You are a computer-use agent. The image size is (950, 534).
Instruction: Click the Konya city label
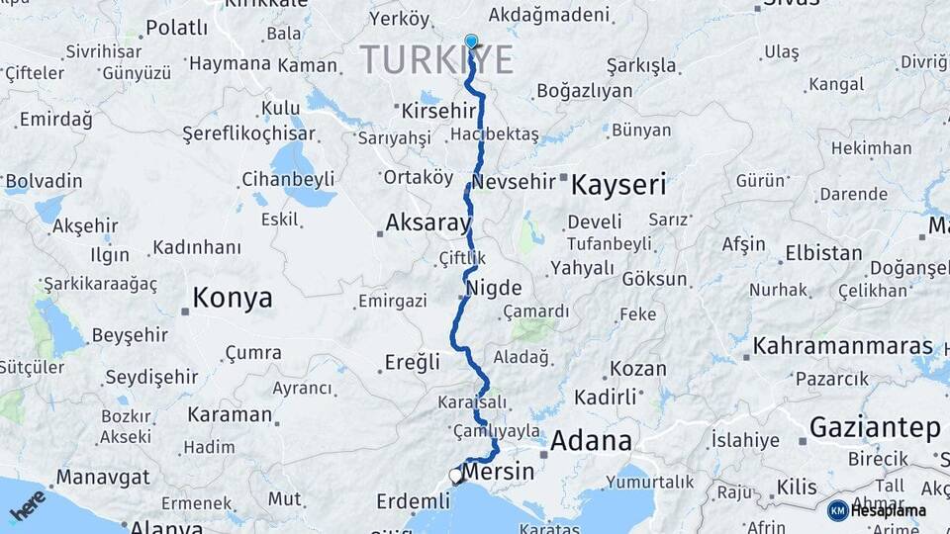[x=232, y=298]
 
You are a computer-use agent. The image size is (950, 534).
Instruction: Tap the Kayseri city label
[x=618, y=184]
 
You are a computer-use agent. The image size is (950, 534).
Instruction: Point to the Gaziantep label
[x=875, y=427]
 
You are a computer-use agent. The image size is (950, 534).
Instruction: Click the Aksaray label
[x=427, y=223]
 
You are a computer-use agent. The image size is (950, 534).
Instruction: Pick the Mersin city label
[x=499, y=472]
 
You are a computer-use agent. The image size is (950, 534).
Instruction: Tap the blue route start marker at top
[x=471, y=42]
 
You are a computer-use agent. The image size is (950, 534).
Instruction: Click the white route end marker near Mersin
[x=455, y=476]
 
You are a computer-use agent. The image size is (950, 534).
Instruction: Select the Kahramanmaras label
[x=843, y=346]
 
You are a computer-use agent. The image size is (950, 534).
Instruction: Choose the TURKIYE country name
[x=436, y=59]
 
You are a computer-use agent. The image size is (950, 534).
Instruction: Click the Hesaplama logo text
[x=891, y=510]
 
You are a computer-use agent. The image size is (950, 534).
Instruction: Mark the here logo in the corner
[x=28, y=504]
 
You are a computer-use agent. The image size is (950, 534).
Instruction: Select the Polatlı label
[x=176, y=28]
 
